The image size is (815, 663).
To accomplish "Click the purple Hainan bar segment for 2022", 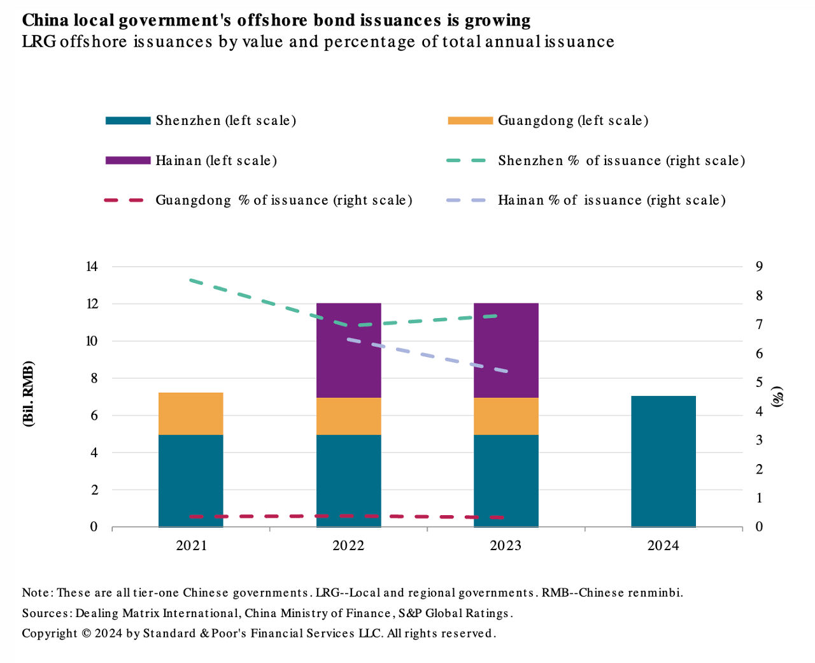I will click(x=349, y=350).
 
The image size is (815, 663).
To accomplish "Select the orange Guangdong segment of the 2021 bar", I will click(x=191, y=414).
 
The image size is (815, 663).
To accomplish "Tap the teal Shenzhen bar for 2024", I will click(x=663, y=462).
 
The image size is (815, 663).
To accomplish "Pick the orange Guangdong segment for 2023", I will click(x=506, y=416).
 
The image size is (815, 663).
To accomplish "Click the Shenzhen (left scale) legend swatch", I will click(x=128, y=120).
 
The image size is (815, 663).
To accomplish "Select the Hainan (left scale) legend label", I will click(x=216, y=161).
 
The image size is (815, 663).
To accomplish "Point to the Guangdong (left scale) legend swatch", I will click(x=471, y=120).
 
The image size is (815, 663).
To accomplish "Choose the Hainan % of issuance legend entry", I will click(x=611, y=200).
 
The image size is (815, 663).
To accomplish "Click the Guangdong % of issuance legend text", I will click(x=284, y=200).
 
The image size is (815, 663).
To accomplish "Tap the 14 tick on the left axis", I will click(x=92, y=266).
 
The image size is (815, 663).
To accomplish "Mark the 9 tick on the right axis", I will click(x=759, y=266).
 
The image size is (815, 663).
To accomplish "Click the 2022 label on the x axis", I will click(x=348, y=546).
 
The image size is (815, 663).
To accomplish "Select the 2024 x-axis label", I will click(x=663, y=546).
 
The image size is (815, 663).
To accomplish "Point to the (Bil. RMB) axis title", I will click(x=29, y=393).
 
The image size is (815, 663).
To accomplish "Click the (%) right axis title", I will click(x=777, y=396).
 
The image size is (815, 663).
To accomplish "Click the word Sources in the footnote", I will click(x=46, y=613).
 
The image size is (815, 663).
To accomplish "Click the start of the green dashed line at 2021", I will click(x=191, y=280).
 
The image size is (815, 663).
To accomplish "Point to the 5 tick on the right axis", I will click(x=759, y=382).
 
